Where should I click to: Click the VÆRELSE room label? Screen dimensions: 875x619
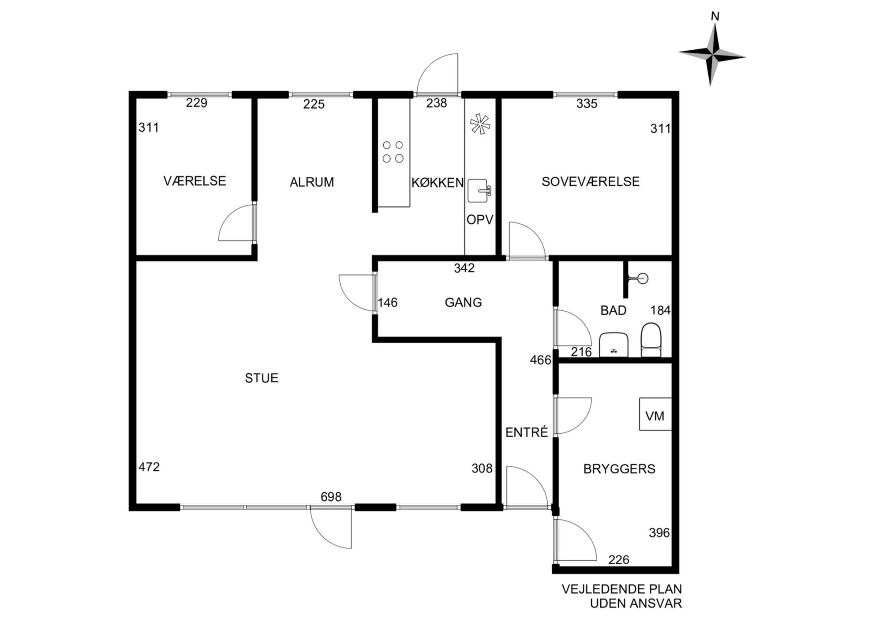coord(194,181)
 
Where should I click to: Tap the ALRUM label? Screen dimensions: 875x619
coord(312,182)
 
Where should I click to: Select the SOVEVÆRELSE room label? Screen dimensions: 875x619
coord(591,181)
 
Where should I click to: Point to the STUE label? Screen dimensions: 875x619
coord(262,378)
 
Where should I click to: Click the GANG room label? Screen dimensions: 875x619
coord(463,302)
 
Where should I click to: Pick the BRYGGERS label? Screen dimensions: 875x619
coord(619,469)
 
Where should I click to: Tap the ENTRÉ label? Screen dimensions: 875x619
coord(527,432)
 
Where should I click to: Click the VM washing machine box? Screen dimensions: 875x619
coord(655,414)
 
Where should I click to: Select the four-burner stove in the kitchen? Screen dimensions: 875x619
coord(393,152)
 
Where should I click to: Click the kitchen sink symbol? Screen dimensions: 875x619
coord(479,191)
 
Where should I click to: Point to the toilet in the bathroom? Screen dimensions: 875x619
coord(651,340)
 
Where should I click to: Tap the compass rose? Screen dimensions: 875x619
coord(712,55)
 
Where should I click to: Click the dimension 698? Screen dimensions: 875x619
coord(331,497)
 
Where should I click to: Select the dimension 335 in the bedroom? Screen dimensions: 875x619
coord(587,104)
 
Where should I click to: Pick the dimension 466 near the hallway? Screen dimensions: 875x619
coord(541,360)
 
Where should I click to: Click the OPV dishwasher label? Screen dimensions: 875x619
coord(480,219)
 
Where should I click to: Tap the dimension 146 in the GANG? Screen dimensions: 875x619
coord(388,303)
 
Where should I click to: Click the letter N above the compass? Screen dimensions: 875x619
coord(715,17)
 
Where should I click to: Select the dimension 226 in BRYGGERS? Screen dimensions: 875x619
coord(619,560)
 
